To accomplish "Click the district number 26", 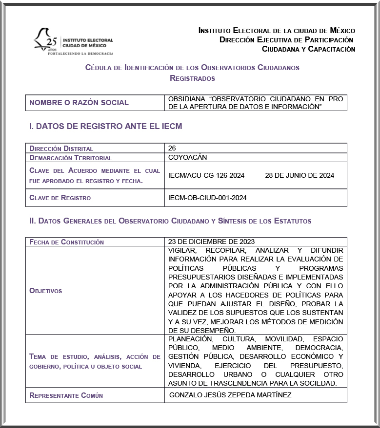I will [x=172, y=148].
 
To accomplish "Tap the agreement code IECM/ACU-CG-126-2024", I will [x=206, y=175].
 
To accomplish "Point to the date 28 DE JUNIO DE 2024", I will [x=300, y=175].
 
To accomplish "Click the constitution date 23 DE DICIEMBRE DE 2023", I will [x=211, y=242].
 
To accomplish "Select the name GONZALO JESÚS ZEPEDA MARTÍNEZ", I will [x=230, y=395].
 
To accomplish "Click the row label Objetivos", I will [x=46, y=291].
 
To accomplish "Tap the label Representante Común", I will [x=66, y=395].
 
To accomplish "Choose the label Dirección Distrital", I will [x=61, y=148].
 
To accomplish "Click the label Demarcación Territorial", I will [x=71, y=158].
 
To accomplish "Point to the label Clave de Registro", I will [x=60, y=198].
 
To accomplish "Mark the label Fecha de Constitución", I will [x=67, y=242].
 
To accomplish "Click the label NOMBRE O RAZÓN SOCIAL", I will [x=79, y=103].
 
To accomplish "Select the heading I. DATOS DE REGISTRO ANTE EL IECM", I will [x=105, y=127].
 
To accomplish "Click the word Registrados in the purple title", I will [x=192, y=78].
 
